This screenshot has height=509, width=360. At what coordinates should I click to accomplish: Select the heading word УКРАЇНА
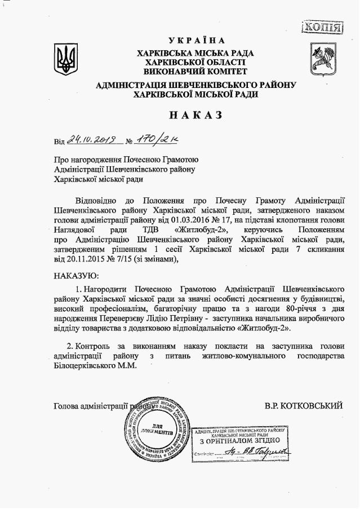(196, 41)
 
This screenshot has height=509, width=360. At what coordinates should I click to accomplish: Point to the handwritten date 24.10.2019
(91, 139)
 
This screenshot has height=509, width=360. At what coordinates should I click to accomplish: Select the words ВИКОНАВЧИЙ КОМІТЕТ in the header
(195, 72)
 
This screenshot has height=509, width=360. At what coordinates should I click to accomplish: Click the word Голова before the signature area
(67, 405)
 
